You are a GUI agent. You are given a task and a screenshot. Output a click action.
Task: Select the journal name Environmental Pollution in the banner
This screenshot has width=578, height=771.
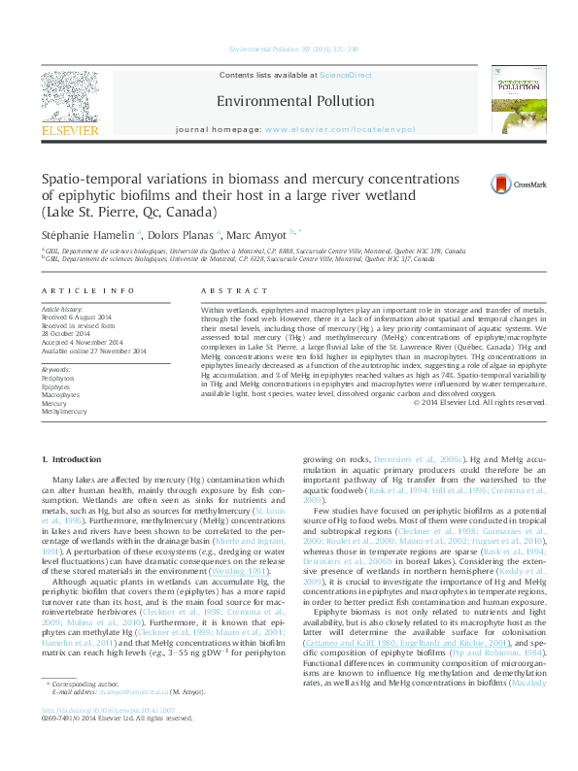click(x=295, y=101)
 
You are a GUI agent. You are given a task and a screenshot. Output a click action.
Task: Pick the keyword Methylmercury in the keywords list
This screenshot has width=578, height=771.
click(x=63, y=412)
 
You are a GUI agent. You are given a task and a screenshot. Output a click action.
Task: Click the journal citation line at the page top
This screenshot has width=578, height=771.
click(x=292, y=49)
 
